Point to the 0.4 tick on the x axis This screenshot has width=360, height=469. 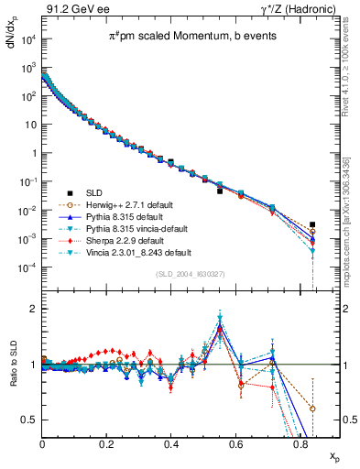tap(171, 443)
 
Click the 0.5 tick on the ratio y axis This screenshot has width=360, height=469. tap(31, 420)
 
